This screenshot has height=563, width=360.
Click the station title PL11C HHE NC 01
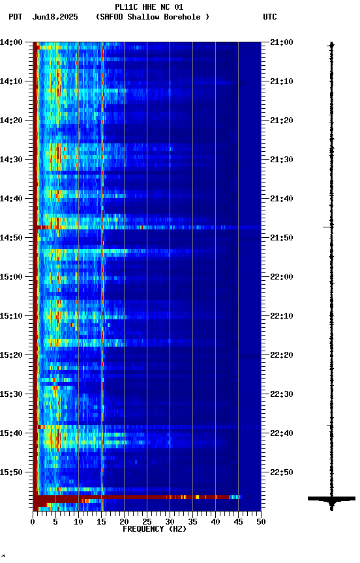click(149, 7)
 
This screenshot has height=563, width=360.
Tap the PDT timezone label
click(15, 17)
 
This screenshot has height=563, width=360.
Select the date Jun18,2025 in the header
click(55, 17)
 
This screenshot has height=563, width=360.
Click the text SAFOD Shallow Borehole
click(153, 17)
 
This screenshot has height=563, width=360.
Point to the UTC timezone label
click(270, 17)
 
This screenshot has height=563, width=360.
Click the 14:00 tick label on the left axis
click(12, 42)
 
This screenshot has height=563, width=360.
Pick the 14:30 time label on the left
click(12, 160)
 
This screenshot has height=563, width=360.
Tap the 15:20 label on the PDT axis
click(12, 355)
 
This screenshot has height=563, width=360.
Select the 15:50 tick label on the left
click(12, 472)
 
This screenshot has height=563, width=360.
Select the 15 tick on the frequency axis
click(101, 522)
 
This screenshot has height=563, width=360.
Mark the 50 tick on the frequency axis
click(261, 522)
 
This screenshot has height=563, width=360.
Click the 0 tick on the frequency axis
click(33, 522)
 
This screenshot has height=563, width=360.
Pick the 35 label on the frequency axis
click(192, 522)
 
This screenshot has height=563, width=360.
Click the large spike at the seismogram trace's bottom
click(331, 499)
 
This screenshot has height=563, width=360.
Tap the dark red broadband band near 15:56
click(130, 497)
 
